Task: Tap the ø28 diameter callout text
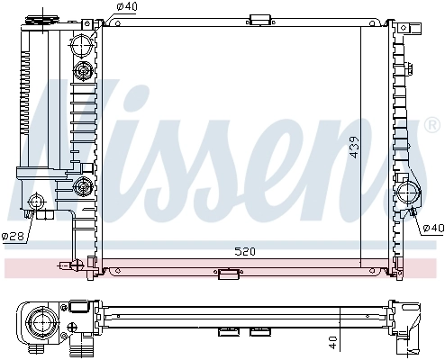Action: point(13,237)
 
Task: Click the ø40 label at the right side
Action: point(432,228)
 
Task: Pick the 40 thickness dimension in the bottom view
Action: point(332,341)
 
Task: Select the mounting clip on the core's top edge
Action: point(260,19)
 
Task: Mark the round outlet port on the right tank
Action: point(408,191)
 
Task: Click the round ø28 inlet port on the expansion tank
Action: point(39,202)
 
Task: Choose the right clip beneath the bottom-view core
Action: point(260,333)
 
